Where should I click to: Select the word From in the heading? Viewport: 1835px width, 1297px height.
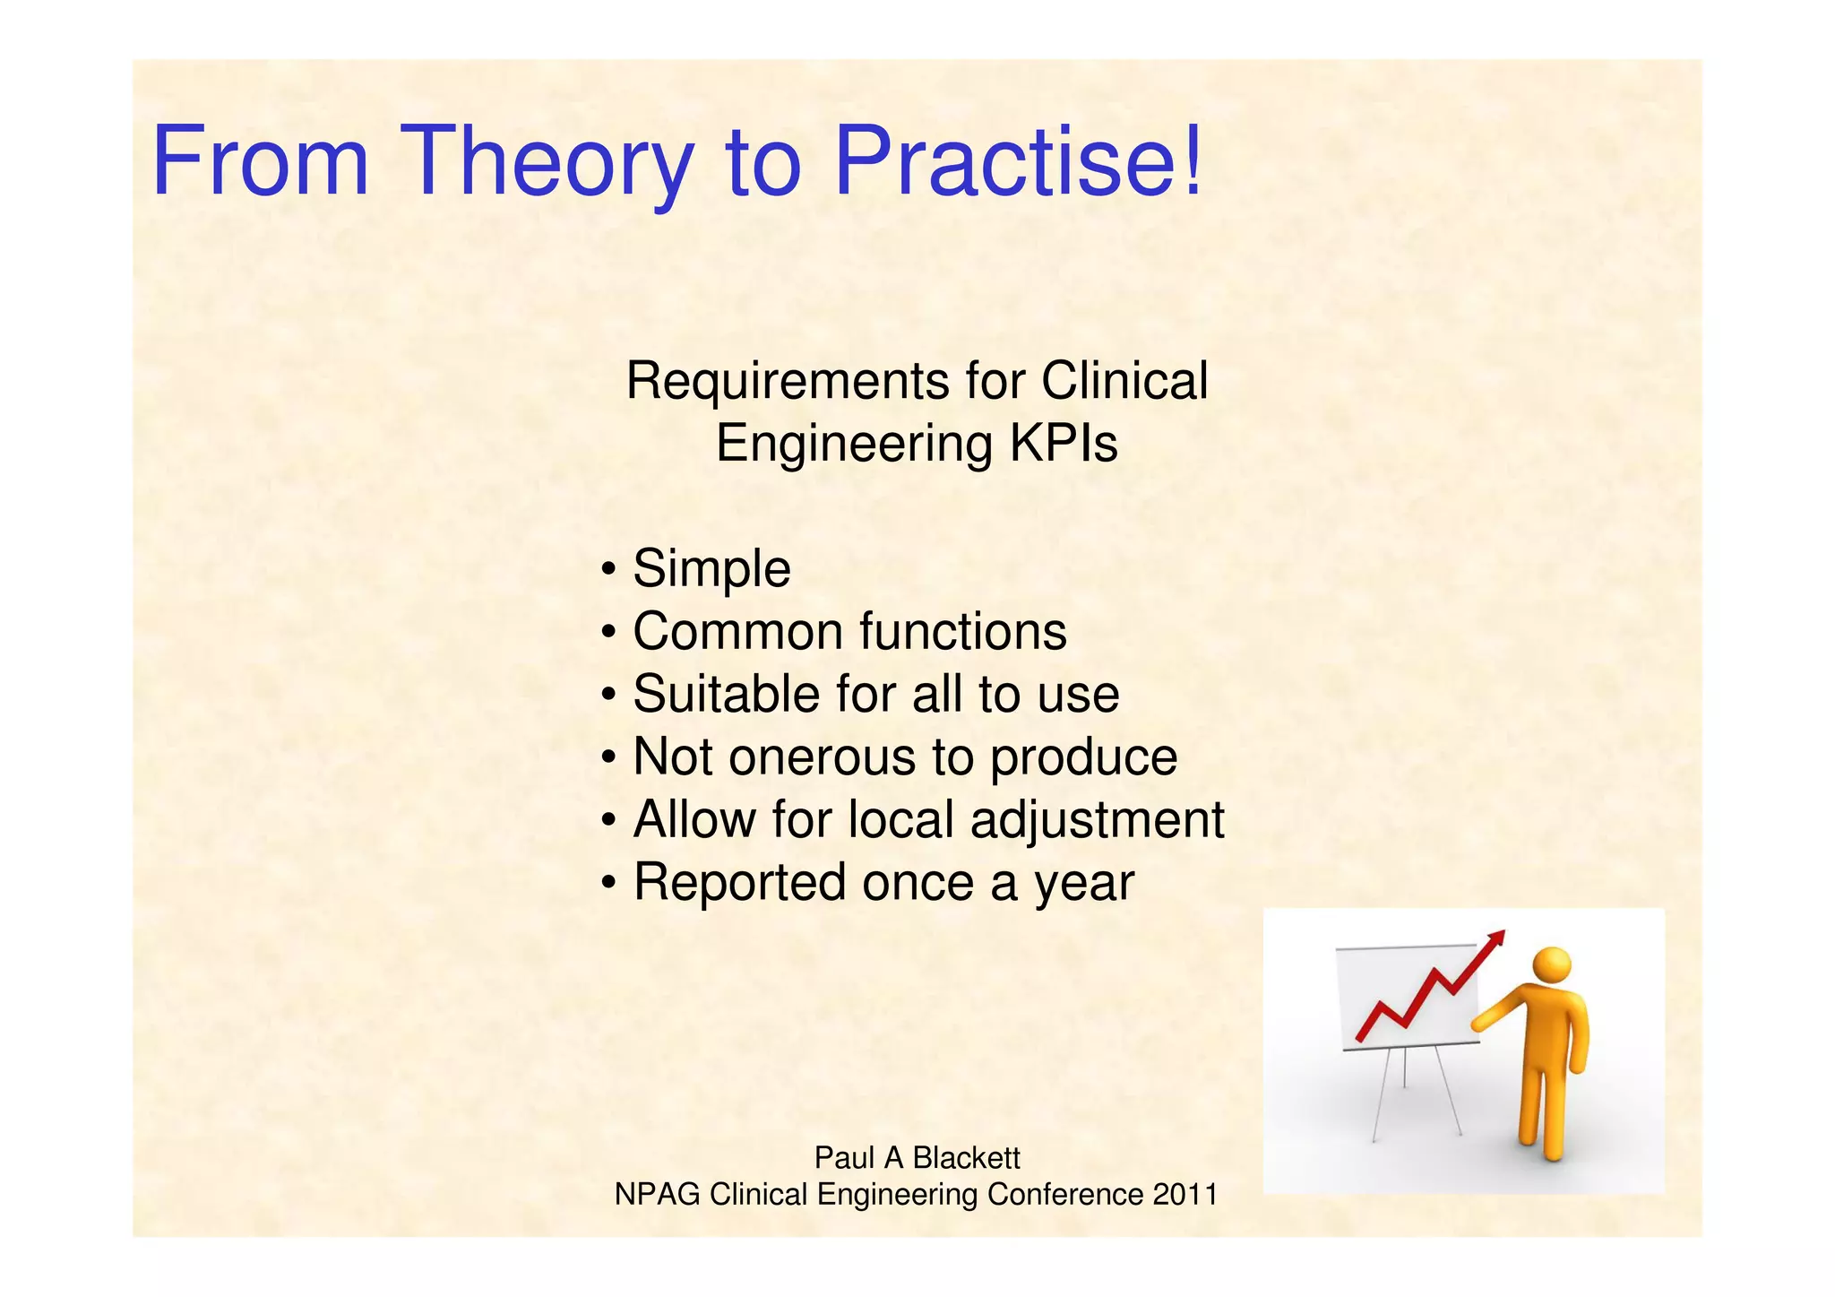coord(261,161)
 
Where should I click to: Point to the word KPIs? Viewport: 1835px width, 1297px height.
coord(1064,444)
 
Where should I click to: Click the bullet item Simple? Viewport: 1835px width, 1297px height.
coord(711,569)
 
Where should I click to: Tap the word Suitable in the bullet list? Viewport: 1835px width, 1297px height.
coord(726,695)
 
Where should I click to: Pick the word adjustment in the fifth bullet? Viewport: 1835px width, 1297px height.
coord(1097,820)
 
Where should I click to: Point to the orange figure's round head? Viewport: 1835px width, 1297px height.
coord(1551,966)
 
